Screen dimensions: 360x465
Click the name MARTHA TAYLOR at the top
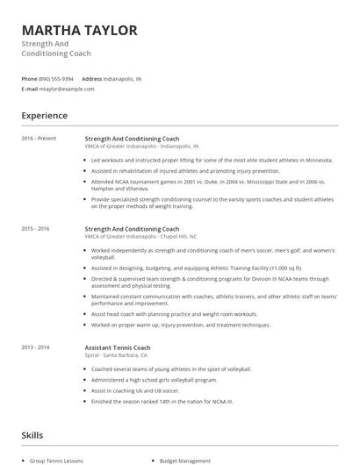pyautogui.click(x=79, y=31)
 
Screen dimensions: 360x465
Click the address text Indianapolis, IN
pyautogui.click(x=122, y=78)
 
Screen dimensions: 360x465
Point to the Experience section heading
pyautogui.click(x=44, y=116)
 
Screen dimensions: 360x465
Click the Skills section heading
pyautogui.click(x=32, y=434)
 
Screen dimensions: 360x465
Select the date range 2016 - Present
pyautogui.click(x=38, y=139)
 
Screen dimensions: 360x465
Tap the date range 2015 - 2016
pyautogui.click(x=35, y=229)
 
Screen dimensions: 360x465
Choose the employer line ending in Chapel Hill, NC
pyautogui.click(x=140, y=237)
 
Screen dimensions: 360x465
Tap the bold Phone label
pyautogui.click(x=29, y=78)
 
